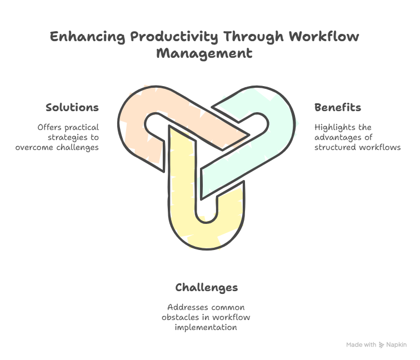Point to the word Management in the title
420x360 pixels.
tap(204, 54)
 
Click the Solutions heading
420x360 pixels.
tap(72, 107)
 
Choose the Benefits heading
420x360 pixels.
tap(337, 107)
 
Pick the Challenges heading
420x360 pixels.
tap(206, 287)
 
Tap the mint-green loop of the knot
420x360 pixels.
tap(278, 133)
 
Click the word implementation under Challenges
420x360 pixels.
tap(206, 327)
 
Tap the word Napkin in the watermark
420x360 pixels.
tap(397, 345)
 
